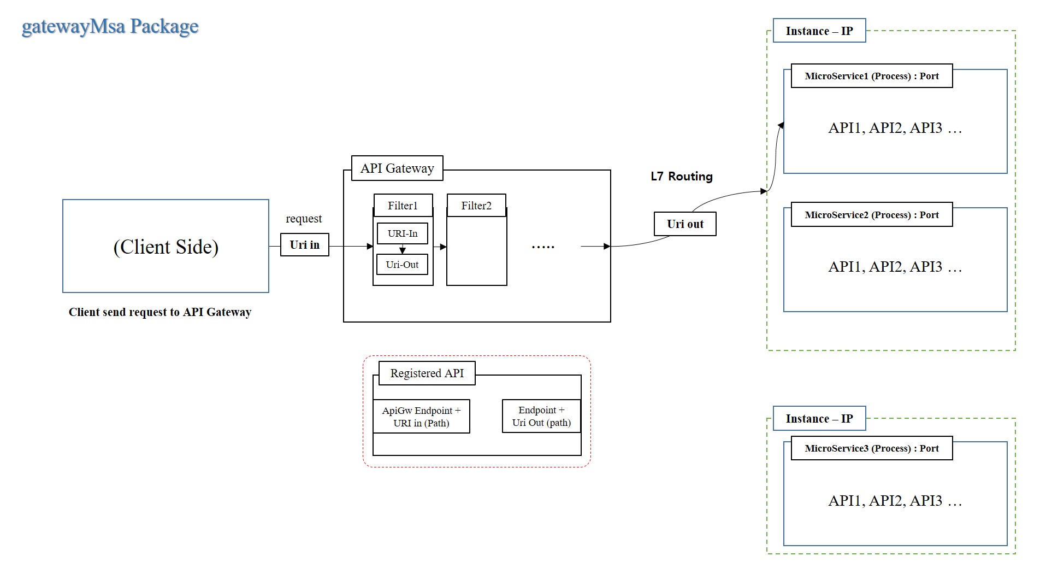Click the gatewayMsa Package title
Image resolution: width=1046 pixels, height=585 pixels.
coord(110,26)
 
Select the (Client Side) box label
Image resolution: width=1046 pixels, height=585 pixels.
coord(166,247)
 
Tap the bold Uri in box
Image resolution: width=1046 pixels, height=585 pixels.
coord(304,245)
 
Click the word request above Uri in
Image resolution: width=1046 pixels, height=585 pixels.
coord(304,219)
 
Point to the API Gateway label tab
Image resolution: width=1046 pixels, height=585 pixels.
coord(397,168)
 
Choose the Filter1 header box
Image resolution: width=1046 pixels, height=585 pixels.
coord(403,206)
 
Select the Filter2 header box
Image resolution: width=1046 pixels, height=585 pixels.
coord(476,206)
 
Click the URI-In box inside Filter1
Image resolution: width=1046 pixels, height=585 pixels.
coord(402,233)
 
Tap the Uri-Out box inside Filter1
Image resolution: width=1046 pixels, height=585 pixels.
coord(402,265)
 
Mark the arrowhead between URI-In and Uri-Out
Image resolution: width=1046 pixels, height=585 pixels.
coord(403,250)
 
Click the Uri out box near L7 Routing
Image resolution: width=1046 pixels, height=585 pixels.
coord(685,224)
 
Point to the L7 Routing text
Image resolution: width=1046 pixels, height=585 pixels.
coord(681,177)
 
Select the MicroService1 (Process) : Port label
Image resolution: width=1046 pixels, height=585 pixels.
coord(871,76)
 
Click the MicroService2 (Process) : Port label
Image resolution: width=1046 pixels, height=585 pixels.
coord(871,215)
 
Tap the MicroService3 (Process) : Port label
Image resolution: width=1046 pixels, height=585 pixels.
coord(871,448)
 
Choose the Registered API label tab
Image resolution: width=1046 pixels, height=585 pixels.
coord(427,373)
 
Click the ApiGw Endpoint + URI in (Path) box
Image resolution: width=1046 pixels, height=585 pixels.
coord(421,417)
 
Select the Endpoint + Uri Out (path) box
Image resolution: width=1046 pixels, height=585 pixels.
coord(541,416)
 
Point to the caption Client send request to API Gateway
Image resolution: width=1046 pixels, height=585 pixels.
coord(160,312)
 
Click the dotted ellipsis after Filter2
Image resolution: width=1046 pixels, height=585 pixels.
coord(543,247)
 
